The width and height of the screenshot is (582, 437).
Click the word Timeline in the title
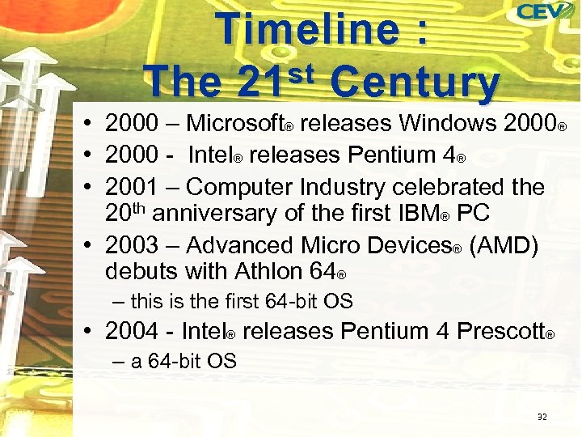point(307,31)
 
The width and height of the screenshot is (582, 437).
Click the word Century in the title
point(415,83)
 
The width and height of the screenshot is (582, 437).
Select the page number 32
point(542,418)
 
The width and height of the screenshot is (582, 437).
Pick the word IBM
point(417,214)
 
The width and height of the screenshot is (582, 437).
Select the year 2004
point(133,331)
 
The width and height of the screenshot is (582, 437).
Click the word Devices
point(411,244)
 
